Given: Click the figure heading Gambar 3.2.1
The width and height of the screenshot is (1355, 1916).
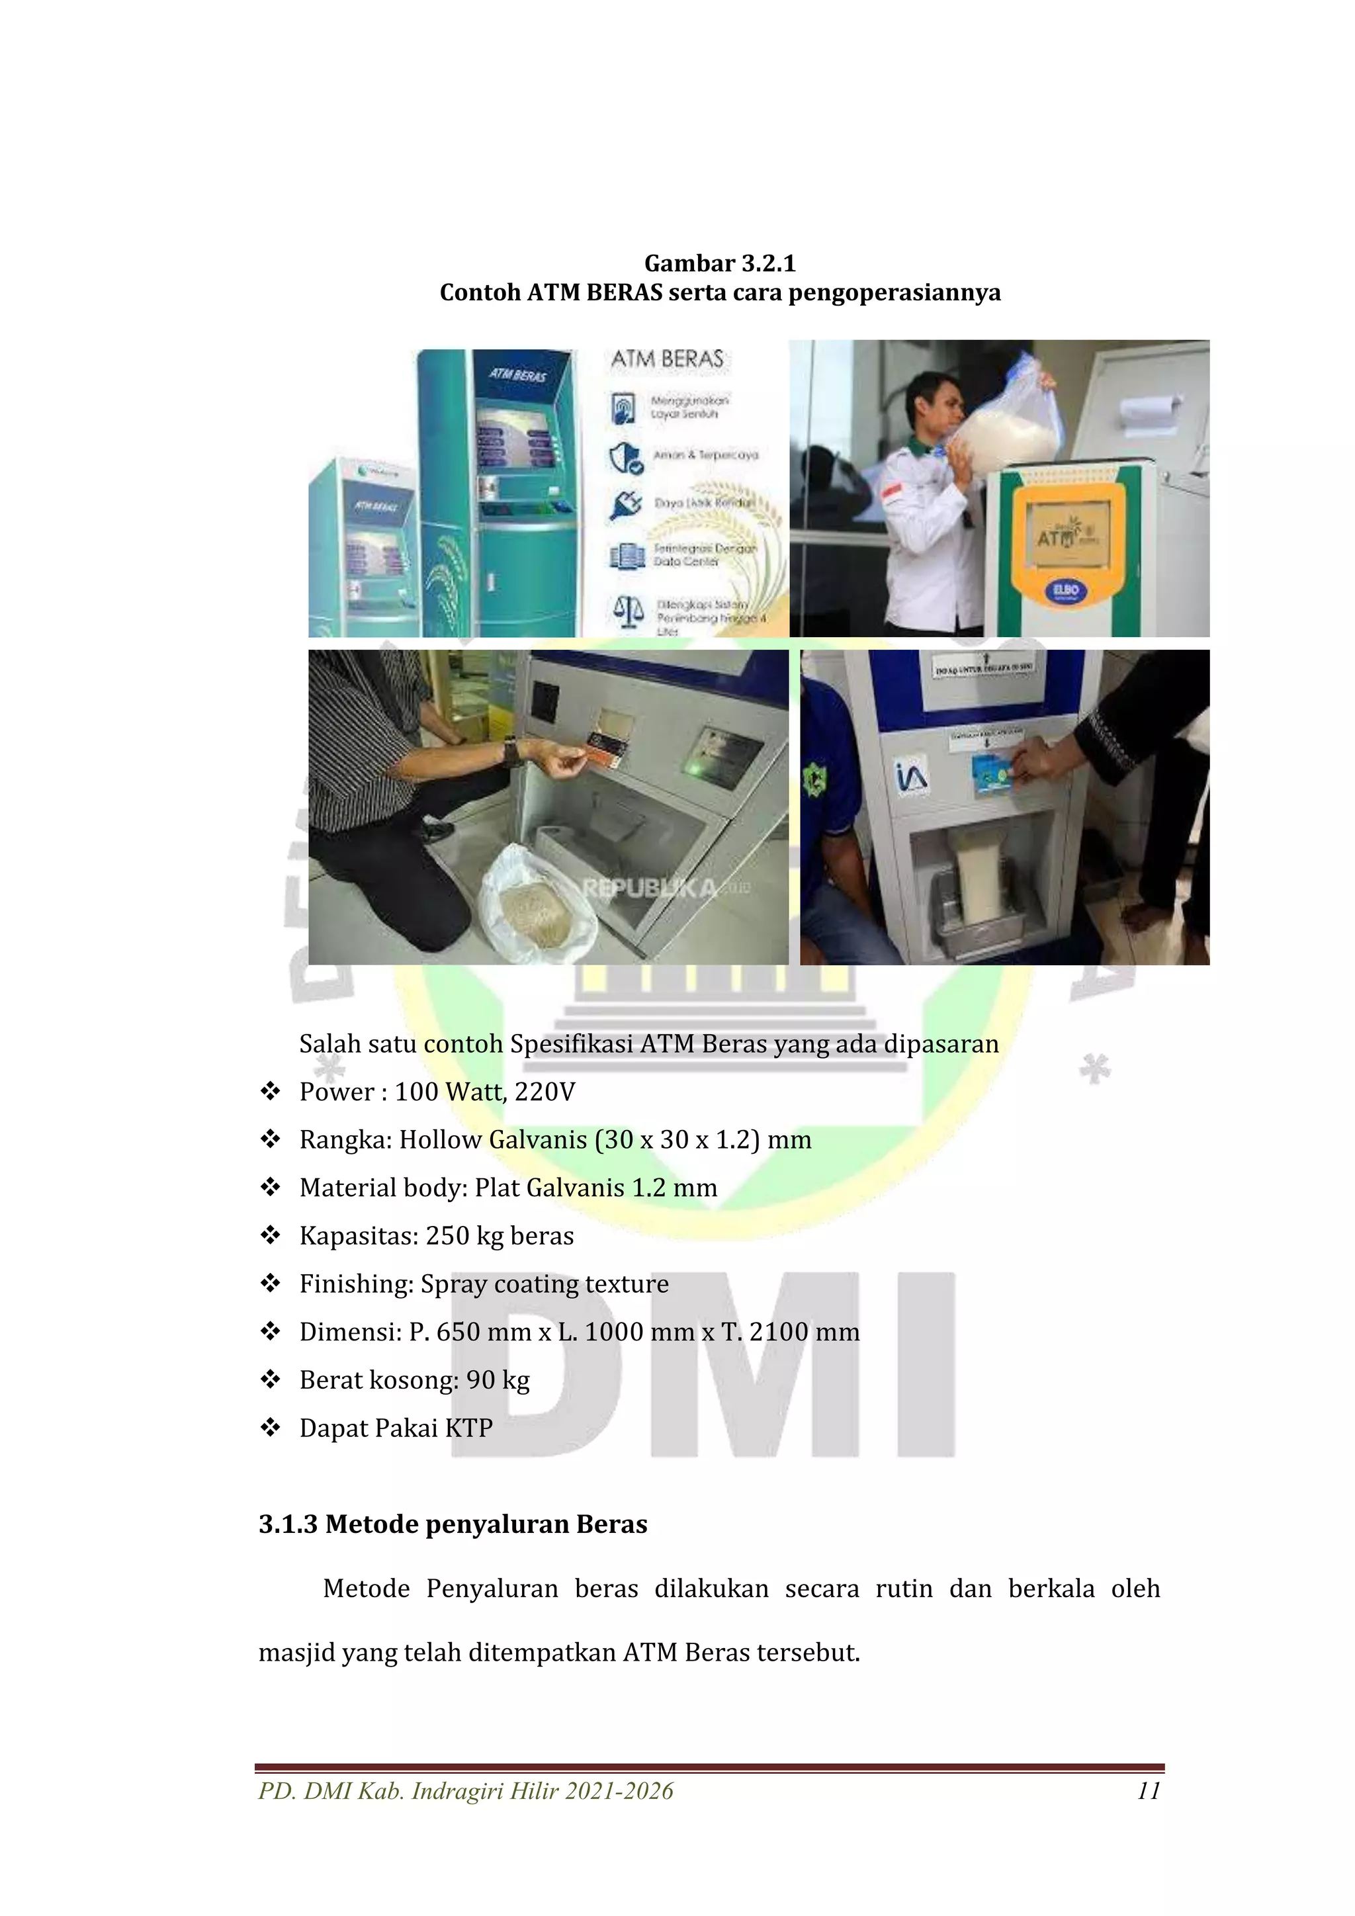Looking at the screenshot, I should pyautogui.click(x=719, y=264).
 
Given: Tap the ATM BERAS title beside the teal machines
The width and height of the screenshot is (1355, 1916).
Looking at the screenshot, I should pyautogui.click(x=667, y=360).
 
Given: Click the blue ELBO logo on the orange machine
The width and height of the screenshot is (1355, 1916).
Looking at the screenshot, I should pyautogui.click(x=1065, y=590).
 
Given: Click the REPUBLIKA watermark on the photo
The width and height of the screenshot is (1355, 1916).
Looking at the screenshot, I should pyautogui.click(x=650, y=888).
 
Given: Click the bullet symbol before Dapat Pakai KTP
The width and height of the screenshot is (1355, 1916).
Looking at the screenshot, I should pyautogui.click(x=269, y=1428).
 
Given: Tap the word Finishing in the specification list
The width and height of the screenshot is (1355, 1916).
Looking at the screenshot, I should pyautogui.click(x=355, y=1284).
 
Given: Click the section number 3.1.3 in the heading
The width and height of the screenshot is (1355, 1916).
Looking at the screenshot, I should pyautogui.click(x=288, y=1524).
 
